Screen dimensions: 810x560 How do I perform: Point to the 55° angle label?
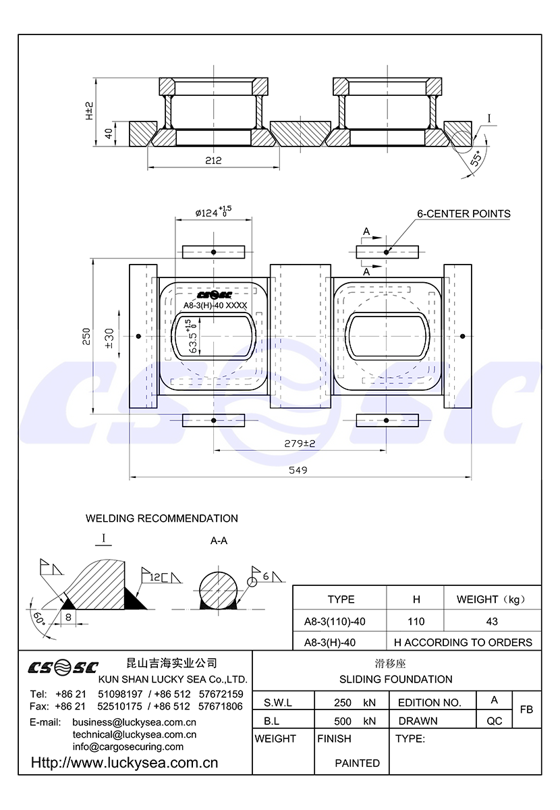click(476, 159)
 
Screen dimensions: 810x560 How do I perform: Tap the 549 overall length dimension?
click(298, 470)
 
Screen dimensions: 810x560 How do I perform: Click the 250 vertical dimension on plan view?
click(86, 337)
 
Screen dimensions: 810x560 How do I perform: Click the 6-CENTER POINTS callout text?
click(464, 214)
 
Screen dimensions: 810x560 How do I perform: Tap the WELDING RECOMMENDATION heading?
click(161, 518)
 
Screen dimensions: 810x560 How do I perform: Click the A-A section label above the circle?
click(219, 541)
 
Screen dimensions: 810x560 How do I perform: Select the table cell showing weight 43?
click(492, 621)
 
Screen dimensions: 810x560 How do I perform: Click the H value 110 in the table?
click(416, 621)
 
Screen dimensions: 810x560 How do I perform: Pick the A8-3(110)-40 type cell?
click(340, 621)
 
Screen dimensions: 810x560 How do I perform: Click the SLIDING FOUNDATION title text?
click(395, 679)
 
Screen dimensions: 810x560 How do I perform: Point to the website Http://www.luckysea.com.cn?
click(125, 763)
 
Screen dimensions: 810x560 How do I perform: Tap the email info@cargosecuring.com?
click(128, 747)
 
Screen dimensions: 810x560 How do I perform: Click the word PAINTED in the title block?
click(357, 763)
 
